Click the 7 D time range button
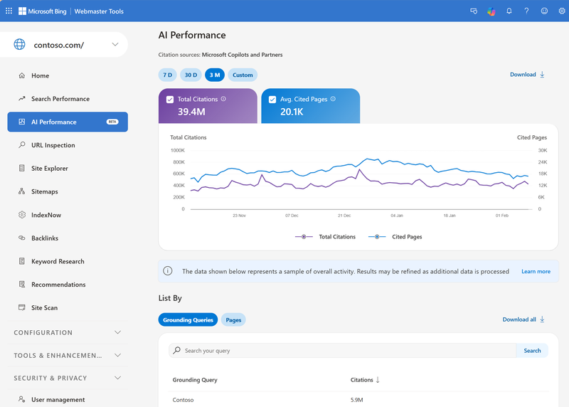168,75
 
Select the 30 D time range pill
191,75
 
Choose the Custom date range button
243,75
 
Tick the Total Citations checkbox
169,100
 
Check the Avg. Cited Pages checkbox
272,100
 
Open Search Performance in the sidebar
60,99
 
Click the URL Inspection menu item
53,145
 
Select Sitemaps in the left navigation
44,192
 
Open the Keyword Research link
58,261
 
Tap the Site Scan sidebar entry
44,308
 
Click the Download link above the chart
527,75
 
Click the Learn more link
536,271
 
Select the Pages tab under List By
233,320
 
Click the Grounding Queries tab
188,320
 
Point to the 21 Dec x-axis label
344,215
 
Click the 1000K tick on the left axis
177,150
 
